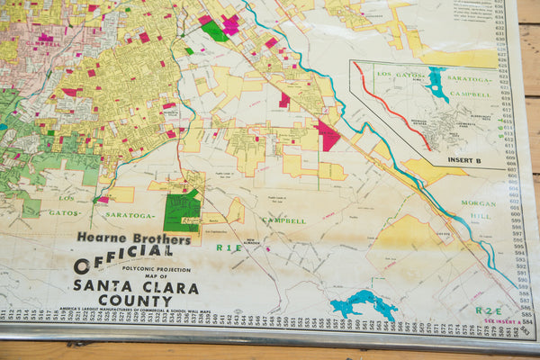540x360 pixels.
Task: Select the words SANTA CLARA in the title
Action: (121, 286)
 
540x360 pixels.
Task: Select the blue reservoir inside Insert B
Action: (436, 84)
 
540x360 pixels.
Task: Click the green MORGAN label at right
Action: (479, 203)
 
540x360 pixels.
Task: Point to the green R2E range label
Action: (487, 310)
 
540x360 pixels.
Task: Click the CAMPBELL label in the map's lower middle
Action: (283, 220)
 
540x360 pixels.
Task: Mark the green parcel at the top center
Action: (214, 31)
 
